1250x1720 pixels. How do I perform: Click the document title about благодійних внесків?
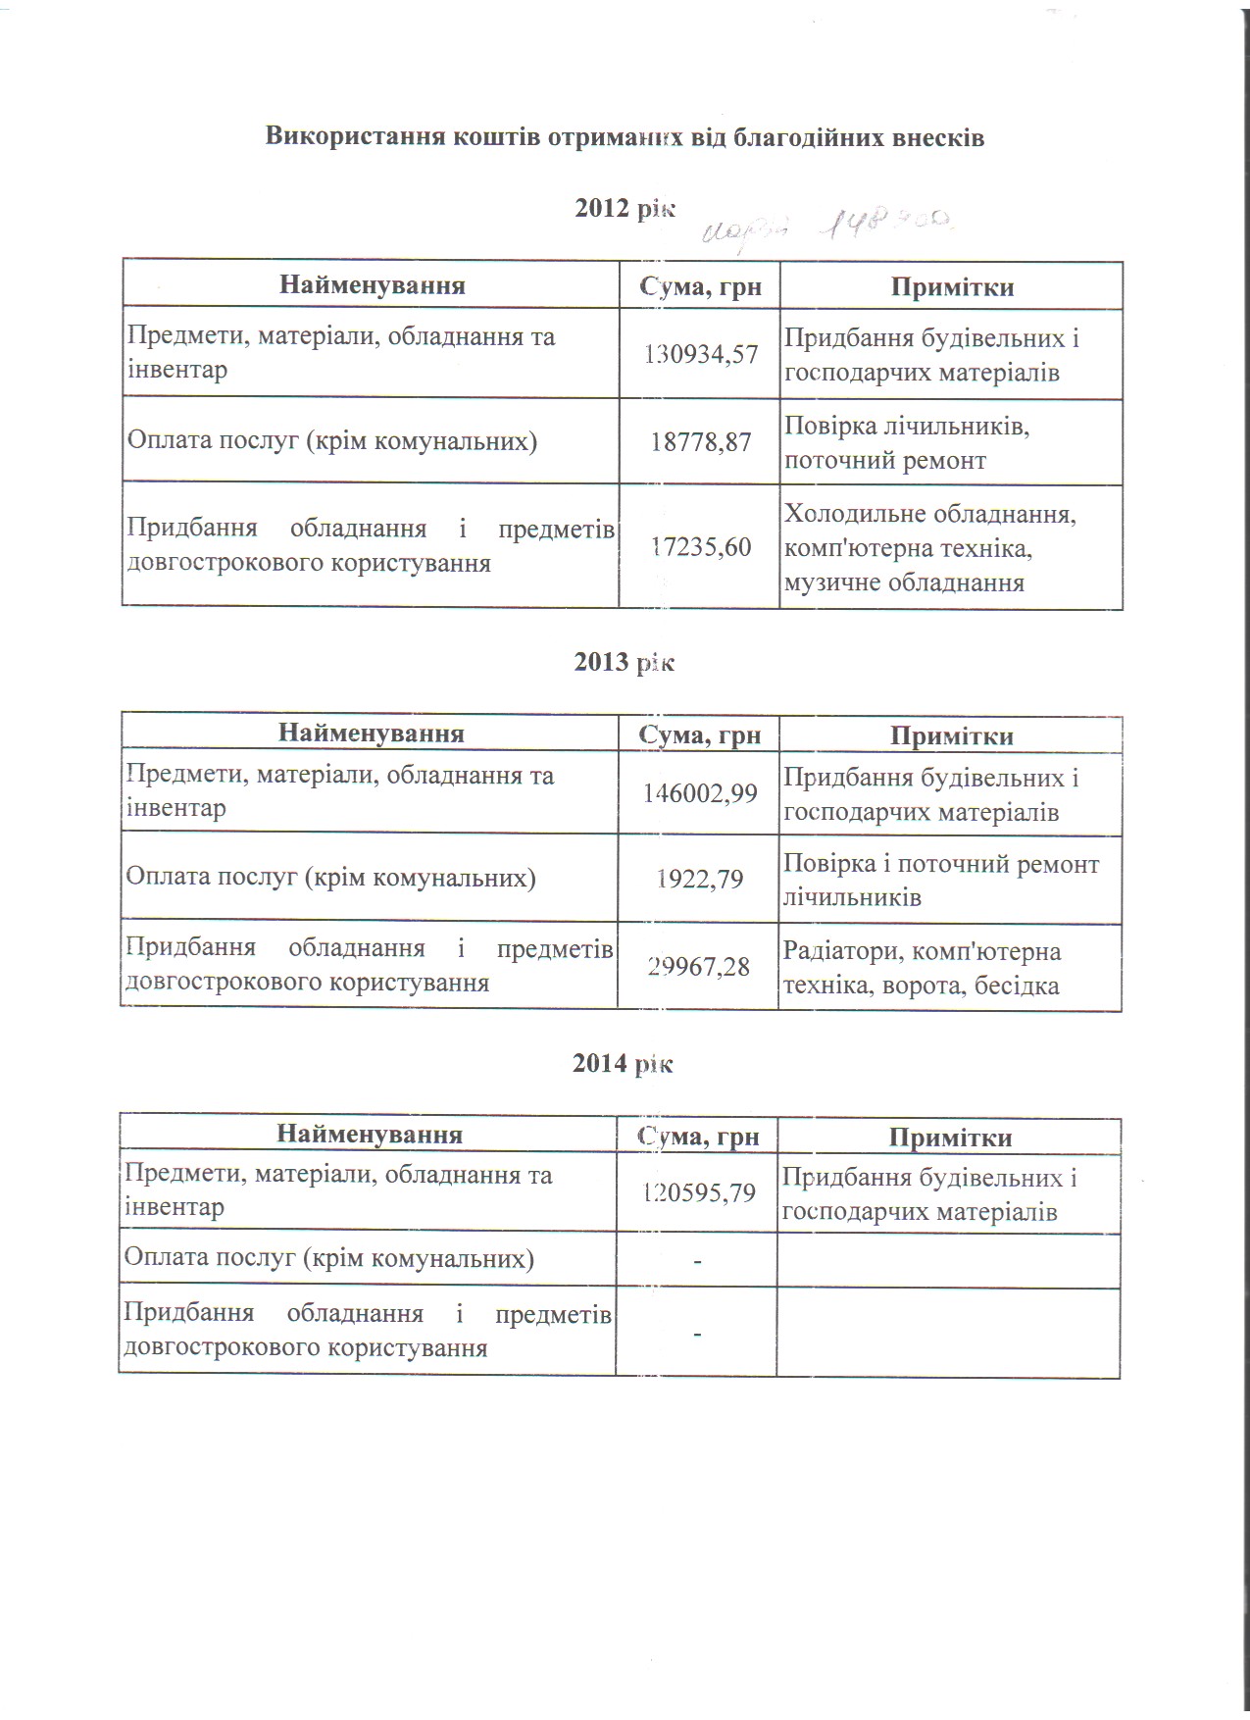625,137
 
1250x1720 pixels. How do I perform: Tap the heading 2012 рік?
625,208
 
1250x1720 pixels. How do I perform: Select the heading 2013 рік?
625,662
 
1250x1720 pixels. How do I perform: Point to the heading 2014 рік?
623,1063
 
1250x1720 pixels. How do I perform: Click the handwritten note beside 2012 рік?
828,227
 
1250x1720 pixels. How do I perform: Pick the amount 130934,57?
700,354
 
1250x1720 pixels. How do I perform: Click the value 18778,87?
700,441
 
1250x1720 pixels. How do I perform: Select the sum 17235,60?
700,546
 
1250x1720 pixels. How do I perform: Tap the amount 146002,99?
700,792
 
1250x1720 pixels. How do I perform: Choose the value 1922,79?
700,879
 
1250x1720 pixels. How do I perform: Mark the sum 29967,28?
698,967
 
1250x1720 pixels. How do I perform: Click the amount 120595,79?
698,1192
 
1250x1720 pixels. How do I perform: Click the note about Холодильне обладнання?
929,548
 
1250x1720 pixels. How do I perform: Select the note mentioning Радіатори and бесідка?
922,968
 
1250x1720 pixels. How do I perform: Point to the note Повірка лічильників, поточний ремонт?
907,443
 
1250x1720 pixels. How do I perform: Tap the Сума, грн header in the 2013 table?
699,734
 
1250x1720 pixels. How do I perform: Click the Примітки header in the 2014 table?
949,1138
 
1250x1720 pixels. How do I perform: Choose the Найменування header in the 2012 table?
372,285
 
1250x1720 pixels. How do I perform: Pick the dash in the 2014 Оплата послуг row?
697,1259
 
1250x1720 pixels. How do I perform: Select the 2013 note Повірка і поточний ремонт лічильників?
940,880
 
